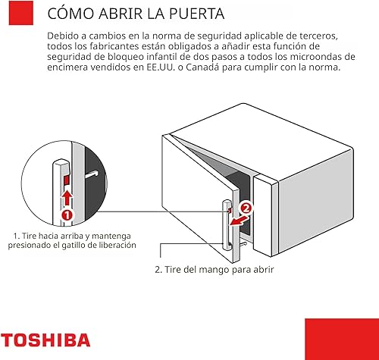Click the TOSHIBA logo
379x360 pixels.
[45, 340]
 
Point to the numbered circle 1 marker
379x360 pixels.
[67, 214]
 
